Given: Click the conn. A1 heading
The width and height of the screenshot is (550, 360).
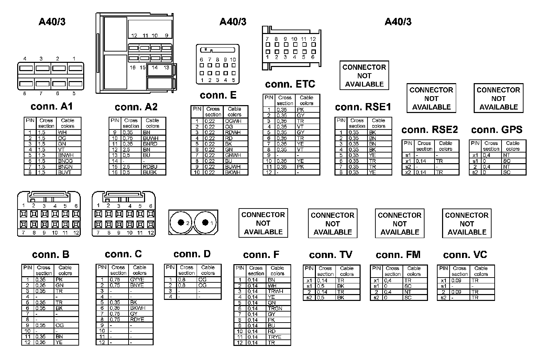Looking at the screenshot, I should click(x=52, y=106).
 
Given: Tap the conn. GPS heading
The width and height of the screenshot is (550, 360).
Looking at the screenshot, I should click(x=497, y=130).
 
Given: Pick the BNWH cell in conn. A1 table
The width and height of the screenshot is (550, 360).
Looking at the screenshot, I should click(x=66, y=155).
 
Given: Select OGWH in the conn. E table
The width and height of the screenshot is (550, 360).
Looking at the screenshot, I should click(x=233, y=121).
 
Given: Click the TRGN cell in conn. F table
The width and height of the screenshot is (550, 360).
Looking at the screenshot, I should click(x=275, y=308).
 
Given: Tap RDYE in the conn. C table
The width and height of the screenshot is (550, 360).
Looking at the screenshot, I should click(x=137, y=319).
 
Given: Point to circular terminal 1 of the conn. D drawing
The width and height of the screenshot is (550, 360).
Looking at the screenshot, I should click(x=205, y=223).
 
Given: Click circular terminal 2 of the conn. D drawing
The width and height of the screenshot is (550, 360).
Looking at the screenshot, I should click(x=181, y=223).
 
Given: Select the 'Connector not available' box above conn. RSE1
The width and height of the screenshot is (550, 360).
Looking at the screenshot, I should click(x=364, y=76).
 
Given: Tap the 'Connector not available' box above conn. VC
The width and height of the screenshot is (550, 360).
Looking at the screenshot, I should click(x=466, y=224).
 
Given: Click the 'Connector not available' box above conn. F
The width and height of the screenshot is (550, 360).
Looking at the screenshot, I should click(x=263, y=223).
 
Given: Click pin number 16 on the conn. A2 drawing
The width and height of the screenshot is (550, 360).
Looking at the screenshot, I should click(x=133, y=68).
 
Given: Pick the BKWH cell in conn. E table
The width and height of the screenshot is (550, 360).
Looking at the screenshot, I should click(x=233, y=172).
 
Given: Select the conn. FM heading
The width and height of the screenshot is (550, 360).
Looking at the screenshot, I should click(x=398, y=255).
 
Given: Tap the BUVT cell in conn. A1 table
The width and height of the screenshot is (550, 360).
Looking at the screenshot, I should click(x=65, y=172).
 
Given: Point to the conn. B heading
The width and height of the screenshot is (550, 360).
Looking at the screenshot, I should click(x=51, y=255).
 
